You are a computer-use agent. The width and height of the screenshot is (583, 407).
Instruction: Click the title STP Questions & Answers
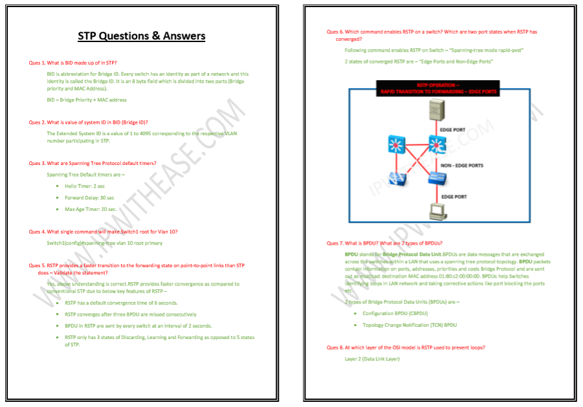pyautogui.click(x=142, y=36)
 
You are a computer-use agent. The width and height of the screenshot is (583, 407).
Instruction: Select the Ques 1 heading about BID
pyautogui.click(x=72, y=63)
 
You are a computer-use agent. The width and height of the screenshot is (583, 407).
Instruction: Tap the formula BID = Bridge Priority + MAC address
pyautogui.click(x=87, y=100)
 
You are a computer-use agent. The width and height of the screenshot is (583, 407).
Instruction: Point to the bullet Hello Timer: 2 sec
pyautogui.click(x=84, y=186)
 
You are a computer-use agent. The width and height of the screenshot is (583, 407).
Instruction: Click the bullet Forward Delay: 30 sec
pyautogui.click(x=89, y=197)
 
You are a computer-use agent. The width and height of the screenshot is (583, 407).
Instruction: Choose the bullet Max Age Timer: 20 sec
pyautogui.click(x=91, y=209)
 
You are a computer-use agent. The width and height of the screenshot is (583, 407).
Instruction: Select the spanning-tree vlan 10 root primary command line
pyautogui.click(x=104, y=243)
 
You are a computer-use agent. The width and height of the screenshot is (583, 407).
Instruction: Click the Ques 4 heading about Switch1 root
pyautogui.click(x=103, y=232)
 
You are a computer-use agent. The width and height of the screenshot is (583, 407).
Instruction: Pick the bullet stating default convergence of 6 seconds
pyautogui.click(x=121, y=303)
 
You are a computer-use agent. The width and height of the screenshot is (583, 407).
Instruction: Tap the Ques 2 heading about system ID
pyautogui.click(x=88, y=122)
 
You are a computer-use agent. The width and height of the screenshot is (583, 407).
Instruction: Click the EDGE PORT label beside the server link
pyautogui.click(x=452, y=130)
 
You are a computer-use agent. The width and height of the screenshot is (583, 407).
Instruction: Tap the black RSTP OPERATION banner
pyautogui.click(x=438, y=88)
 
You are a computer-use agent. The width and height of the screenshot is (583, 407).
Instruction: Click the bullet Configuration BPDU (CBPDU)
pyautogui.click(x=395, y=313)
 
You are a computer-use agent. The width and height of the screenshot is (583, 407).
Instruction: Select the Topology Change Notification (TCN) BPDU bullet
pyautogui.click(x=410, y=325)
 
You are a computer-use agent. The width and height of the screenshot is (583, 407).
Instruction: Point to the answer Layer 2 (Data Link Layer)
pyautogui.click(x=372, y=359)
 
